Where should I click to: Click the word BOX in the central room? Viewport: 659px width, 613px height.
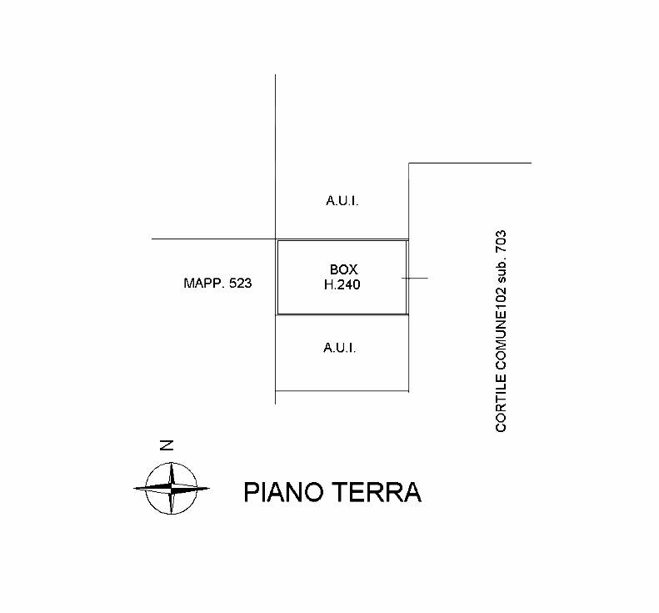click(x=343, y=269)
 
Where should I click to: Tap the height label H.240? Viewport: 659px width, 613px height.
click(x=342, y=285)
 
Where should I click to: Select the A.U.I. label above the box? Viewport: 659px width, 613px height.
click(x=342, y=201)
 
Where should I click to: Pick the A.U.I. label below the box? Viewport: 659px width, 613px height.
click(x=340, y=348)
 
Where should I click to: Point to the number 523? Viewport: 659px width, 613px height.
click(x=241, y=284)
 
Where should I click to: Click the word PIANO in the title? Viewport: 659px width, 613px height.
click(x=283, y=492)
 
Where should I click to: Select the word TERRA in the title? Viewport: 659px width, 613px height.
click(x=377, y=492)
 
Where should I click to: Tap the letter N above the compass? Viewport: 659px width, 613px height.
click(x=167, y=445)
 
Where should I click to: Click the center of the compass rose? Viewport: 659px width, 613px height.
click(x=172, y=489)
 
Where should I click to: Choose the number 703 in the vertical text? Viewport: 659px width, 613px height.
click(x=501, y=242)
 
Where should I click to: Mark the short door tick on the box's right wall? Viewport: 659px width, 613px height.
click(x=415, y=278)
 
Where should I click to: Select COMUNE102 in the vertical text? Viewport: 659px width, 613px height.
click(x=501, y=329)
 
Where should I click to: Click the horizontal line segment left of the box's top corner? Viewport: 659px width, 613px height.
click(x=213, y=239)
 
